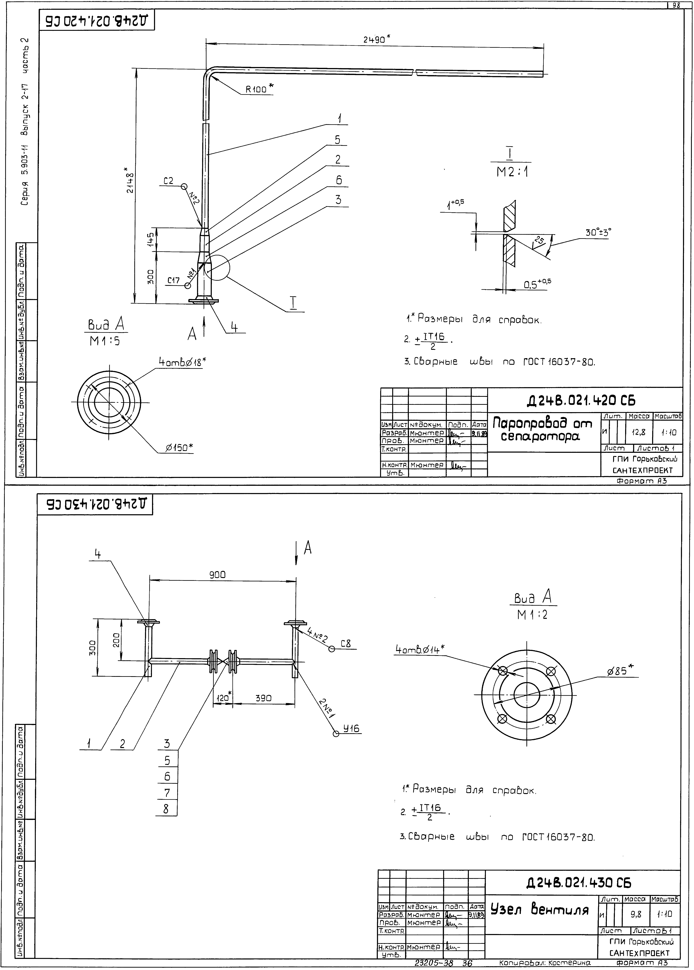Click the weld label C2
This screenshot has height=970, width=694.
click(169, 181)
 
